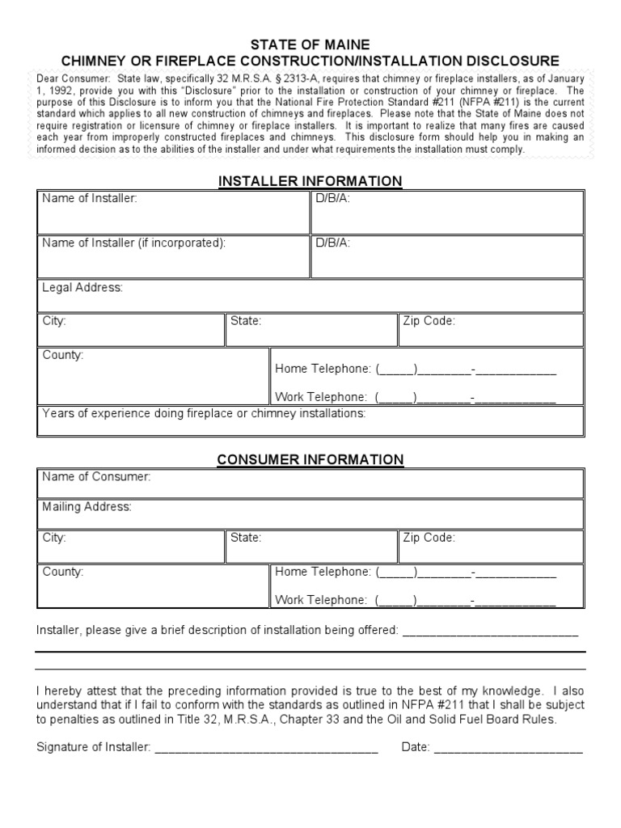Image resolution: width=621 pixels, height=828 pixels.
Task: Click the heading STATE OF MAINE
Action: (x=310, y=44)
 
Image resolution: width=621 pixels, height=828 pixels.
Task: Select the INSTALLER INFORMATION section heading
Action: (x=310, y=180)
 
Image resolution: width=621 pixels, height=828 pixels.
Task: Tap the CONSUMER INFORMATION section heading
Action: (x=310, y=459)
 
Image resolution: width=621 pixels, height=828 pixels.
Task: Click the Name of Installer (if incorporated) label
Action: (x=133, y=243)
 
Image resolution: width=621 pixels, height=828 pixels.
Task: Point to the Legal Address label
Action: (x=82, y=288)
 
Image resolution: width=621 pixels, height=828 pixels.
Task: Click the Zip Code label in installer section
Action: (x=429, y=321)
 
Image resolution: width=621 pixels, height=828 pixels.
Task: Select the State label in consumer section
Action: (x=246, y=537)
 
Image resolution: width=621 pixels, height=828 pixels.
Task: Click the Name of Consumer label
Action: (x=96, y=477)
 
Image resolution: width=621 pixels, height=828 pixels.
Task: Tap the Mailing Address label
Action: (x=87, y=507)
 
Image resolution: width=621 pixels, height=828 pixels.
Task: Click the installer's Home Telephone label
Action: (x=323, y=369)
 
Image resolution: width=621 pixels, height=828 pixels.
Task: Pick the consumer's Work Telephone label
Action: (x=322, y=599)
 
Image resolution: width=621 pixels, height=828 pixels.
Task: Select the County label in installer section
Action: (x=63, y=355)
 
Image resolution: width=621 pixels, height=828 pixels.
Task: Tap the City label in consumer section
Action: (x=54, y=537)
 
